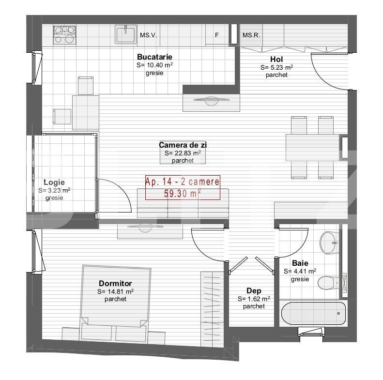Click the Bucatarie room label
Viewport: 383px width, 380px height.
pos(154,57)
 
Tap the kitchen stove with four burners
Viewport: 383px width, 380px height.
pos(64,35)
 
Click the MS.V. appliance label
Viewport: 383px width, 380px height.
pos(147,35)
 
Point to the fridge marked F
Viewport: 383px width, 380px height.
pos(216,35)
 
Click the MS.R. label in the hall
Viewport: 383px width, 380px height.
pos(251,35)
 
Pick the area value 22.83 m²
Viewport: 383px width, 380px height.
pos(183,152)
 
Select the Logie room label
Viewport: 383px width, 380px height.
pos(54,182)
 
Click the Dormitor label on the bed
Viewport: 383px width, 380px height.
pos(115,284)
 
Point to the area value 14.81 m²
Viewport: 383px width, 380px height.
pos(115,291)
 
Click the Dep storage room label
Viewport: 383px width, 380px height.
pos(254,291)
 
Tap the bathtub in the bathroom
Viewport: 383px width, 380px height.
pos(313,313)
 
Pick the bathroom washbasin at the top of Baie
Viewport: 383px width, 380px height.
pos(330,241)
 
